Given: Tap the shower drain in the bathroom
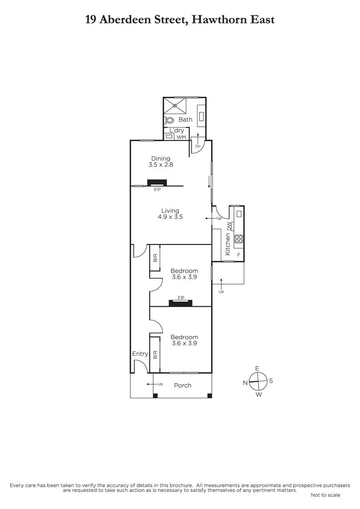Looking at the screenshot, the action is [x=175, y=106].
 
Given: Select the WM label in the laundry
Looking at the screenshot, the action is [x=181, y=137].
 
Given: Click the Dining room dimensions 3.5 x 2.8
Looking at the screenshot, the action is [x=161, y=165].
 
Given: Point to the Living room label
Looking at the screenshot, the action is [x=170, y=211].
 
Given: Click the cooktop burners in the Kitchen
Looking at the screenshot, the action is [x=239, y=238].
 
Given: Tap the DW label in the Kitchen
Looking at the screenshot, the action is [x=229, y=226].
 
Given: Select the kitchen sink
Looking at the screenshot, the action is [x=239, y=214].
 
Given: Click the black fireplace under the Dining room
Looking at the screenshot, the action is [x=157, y=183].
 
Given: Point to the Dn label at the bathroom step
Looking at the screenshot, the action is [x=198, y=146].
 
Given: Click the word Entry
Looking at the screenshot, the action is [x=140, y=354].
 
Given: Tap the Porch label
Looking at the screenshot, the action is [x=183, y=386].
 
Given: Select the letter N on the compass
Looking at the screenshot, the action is [x=245, y=383].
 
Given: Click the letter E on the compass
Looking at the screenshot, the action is [x=257, y=369].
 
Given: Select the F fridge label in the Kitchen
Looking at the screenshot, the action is [x=239, y=255].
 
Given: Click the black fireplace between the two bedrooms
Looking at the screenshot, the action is [x=180, y=303].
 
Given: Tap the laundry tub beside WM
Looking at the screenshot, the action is [x=169, y=136].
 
